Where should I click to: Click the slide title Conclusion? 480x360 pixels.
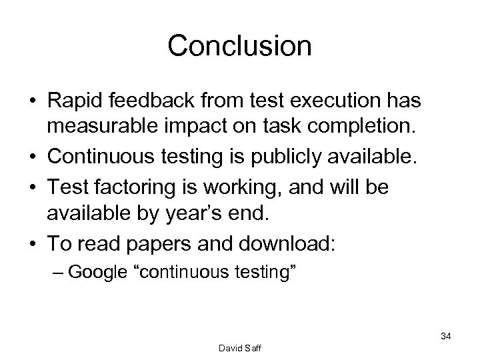tap(239, 45)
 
